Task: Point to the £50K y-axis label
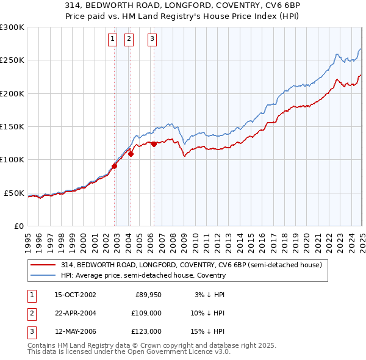point(13,193)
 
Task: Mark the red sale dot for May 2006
point(154,144)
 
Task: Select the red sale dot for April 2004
point(131,154)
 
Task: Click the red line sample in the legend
point(43,265)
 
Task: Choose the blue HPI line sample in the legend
point(43,275)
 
